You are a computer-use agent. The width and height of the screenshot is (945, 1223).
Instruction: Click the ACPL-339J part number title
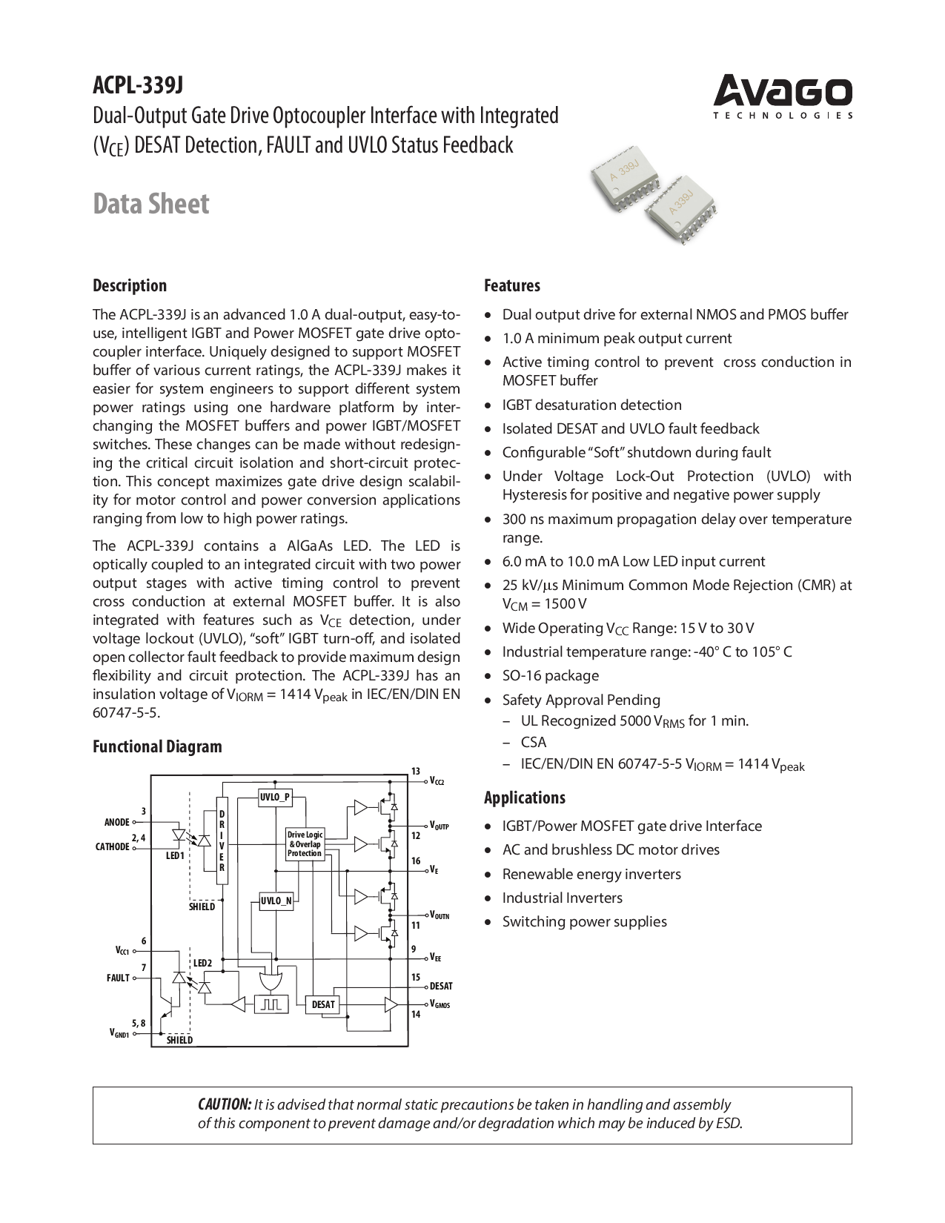coord(137,86)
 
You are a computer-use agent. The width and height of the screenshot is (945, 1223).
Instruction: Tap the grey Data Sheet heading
coord(150,204)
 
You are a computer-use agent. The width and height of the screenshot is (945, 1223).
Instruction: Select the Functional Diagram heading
coord(157,746)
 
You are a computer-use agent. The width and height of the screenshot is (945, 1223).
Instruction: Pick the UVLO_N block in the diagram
coord(275,901)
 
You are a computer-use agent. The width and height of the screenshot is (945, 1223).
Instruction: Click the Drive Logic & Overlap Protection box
coord(305,844)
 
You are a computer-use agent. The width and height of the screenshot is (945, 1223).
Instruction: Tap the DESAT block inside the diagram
coord(323,1005)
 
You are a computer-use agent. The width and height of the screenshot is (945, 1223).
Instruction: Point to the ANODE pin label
coord(116,822)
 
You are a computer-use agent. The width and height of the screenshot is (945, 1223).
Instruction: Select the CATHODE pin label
coord(113,847)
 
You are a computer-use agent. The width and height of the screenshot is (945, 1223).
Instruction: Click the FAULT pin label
coord(118,978)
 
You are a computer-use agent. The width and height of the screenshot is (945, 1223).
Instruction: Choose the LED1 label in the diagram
coord(174,856)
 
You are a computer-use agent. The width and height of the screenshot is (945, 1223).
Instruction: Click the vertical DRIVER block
coord(222,841)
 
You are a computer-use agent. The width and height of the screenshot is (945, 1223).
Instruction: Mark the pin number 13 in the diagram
coord(416,772)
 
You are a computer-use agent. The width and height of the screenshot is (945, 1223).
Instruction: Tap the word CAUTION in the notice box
coord(224,1104)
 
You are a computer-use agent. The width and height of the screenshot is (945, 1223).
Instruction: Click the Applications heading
coord(524,798)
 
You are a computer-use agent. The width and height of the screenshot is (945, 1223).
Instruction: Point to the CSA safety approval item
coord(533,743)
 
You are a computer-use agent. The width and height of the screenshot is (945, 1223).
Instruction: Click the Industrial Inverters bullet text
coord(562,898)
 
